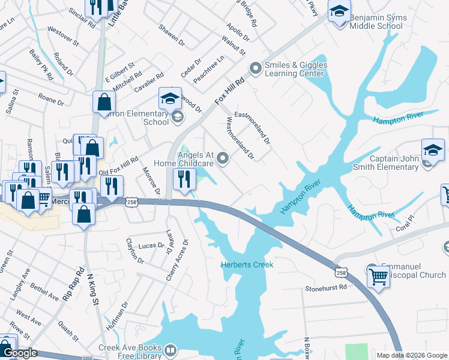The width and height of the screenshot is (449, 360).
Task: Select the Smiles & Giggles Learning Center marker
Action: (x=256, y=69)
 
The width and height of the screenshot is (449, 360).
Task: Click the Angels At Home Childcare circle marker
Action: (x=223, y=158)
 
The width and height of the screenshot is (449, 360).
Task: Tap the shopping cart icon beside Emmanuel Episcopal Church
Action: (x=378, y=277)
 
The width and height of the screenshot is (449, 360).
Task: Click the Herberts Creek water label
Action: (x=247, y=265)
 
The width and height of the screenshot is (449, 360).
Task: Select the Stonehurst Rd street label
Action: (x=326, y=287)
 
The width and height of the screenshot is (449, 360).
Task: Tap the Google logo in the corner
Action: (x=19, y=353)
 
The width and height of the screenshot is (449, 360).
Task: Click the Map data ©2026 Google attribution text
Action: (x=411, y=355)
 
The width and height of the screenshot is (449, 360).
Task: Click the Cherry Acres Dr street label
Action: (x=181, y=260)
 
